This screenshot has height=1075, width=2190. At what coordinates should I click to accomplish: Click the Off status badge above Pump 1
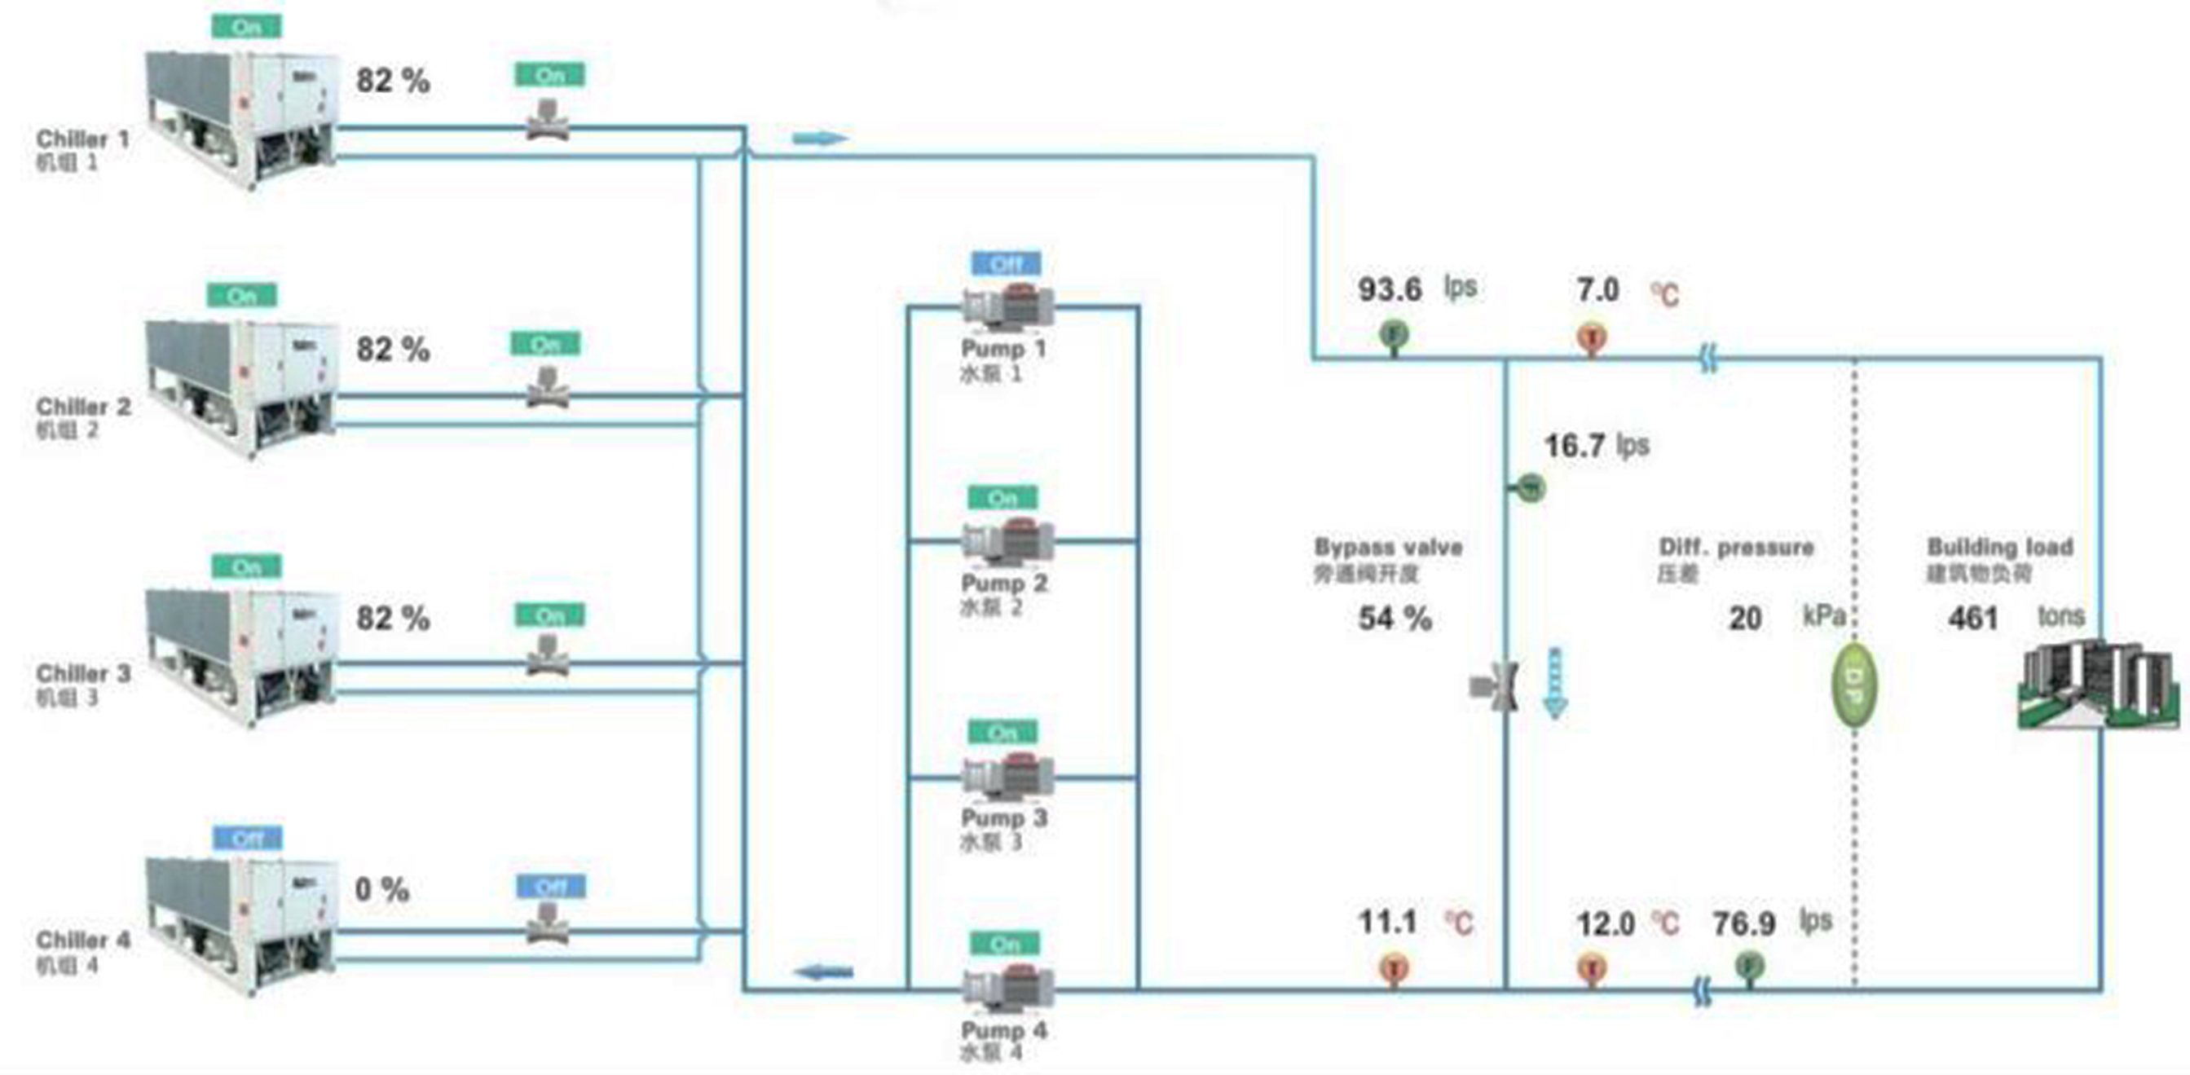pos(1006,264)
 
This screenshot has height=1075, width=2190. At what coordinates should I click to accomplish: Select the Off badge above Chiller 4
pos(246,839)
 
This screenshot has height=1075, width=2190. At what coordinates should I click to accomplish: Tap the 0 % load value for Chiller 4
pos(381,890)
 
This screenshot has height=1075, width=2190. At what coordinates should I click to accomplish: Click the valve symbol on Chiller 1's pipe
pos(549,120)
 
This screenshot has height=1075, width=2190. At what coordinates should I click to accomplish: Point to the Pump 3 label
pos(1003,817)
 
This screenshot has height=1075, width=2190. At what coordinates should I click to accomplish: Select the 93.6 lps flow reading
pos(1389,290)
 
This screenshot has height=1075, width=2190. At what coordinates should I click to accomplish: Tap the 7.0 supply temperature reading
pos(1597,291)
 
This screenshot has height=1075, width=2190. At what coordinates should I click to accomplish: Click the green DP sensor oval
pos(1854,685)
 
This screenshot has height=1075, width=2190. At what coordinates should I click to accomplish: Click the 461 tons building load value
pos(1972,618)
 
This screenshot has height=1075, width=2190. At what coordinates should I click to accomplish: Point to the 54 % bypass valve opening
pos(1395,619)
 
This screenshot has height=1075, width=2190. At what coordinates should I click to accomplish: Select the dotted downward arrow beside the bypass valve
pos(1555,684)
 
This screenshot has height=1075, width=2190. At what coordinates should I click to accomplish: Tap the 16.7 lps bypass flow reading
pos(1574,446)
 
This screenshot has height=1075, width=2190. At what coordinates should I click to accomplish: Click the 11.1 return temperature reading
pos(1387,922)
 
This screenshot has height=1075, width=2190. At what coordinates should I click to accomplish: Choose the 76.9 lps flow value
pos(1743,923)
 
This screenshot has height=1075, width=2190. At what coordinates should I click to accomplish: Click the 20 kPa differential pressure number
pos(1744,619)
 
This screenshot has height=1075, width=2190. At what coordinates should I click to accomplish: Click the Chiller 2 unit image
pos(242,386)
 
